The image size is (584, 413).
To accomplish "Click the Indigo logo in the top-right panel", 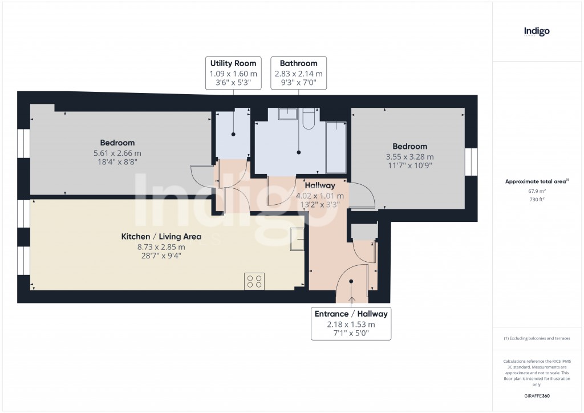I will pyautogui.click(x=537, y=31).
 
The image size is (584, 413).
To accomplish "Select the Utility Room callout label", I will pyautogui.click(x=233, y=72).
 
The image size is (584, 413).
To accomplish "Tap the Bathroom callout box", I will pyautogui.click(x=298, y=72).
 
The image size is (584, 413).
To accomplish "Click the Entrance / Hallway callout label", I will pyautogui.click(x=351, y=323).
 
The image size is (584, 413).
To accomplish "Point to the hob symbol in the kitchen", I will pyautogui.click(x=254, y=281).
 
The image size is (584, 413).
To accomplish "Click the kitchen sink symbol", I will pyautogui.click(x=297, y=239).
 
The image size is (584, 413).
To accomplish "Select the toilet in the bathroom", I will pyautogui.click(x=309, y=119).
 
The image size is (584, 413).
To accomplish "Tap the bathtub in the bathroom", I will pyautogui.click(x=335, y=147).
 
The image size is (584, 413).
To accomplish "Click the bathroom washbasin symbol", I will pyautogui.click(x=287, y=114).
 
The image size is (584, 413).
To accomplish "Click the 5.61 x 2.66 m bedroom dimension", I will pyautogui.click(x=117, y=153).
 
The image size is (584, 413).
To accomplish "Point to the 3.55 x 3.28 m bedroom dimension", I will pyautogui.click(x=409, y=157).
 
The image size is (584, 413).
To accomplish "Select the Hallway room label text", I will pyautogui.click(x=319, y=185).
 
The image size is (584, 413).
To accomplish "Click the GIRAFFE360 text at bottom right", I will pyautogui.click(x=537, y=396).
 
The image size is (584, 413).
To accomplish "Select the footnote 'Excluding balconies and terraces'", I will pyautogui.click(x=537, y=338).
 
